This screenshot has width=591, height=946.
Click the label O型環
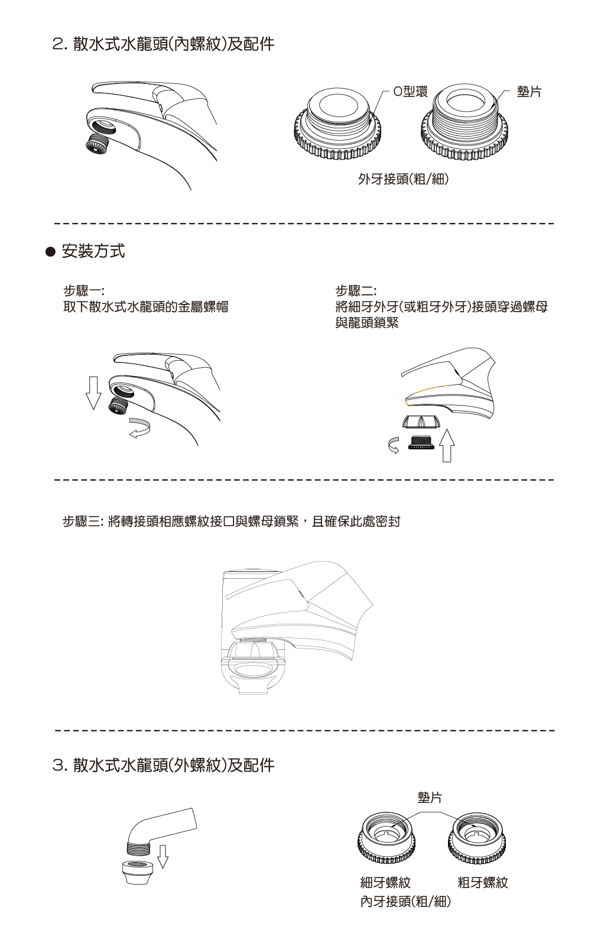point(410,91)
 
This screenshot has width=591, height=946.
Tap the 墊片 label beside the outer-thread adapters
point(529,91)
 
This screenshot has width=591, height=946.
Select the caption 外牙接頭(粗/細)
point(403,179)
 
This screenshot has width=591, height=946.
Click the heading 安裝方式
point(93,251)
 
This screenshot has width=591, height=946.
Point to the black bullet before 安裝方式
point(51,252)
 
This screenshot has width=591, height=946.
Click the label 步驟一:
point(83,290)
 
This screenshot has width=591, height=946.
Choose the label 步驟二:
point(356,290)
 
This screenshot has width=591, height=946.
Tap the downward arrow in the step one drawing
point(93,393)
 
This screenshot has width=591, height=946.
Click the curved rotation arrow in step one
point(139,427)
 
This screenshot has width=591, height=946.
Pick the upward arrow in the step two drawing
point(447,446)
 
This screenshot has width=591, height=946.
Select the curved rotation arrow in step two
point(394,445)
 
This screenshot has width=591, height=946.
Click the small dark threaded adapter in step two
point(421,443)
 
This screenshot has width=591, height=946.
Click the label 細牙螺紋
point(385,882)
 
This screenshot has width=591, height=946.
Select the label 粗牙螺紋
point(483,882)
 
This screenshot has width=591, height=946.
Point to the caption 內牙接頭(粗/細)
point(405,902)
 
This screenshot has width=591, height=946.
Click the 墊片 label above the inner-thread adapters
point(430,798)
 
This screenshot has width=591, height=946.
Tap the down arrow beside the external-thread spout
point(163,857)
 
